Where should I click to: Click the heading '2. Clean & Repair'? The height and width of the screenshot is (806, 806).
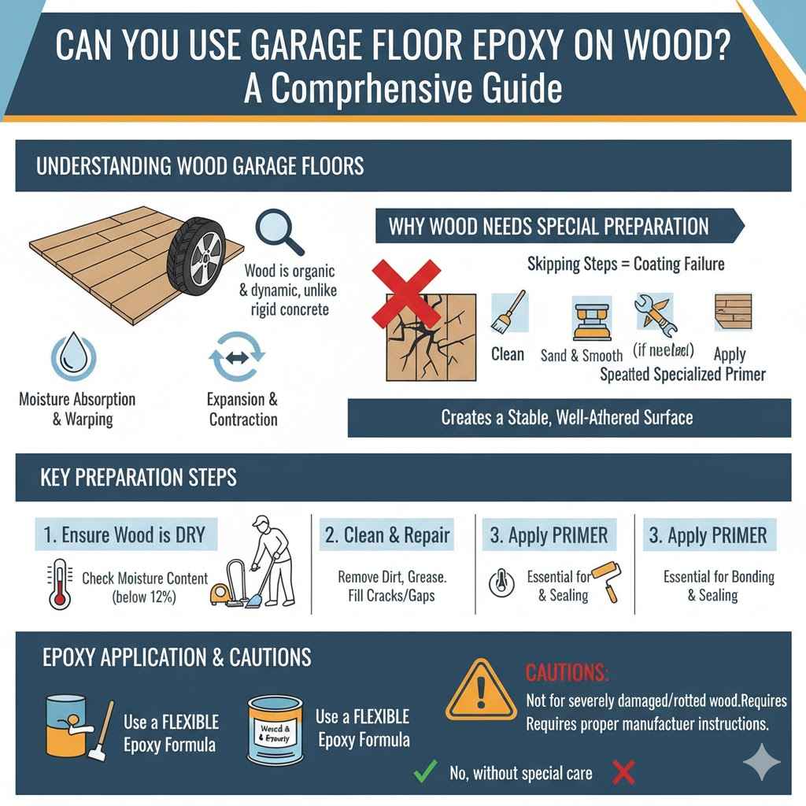[x=387, y=535]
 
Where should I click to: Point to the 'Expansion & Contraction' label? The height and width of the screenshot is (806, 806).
[x=242, y=409]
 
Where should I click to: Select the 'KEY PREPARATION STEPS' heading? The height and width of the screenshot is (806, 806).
[x=138, y=477]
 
